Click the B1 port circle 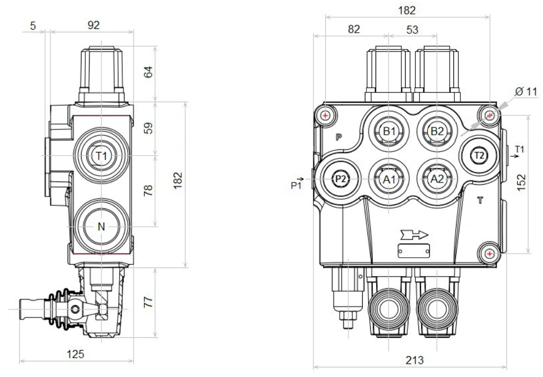pyautogui.click(x=388, y=130)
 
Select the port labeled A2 pyautogui.click(x=437, y=178)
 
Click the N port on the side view pyautogui.click(x=101, y=227)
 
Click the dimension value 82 pyautogui.click(x=353, y=30)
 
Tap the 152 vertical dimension pyautogui.click(x=521, y=182)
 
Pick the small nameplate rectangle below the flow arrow pyautogui.click(x=414, y=250)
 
